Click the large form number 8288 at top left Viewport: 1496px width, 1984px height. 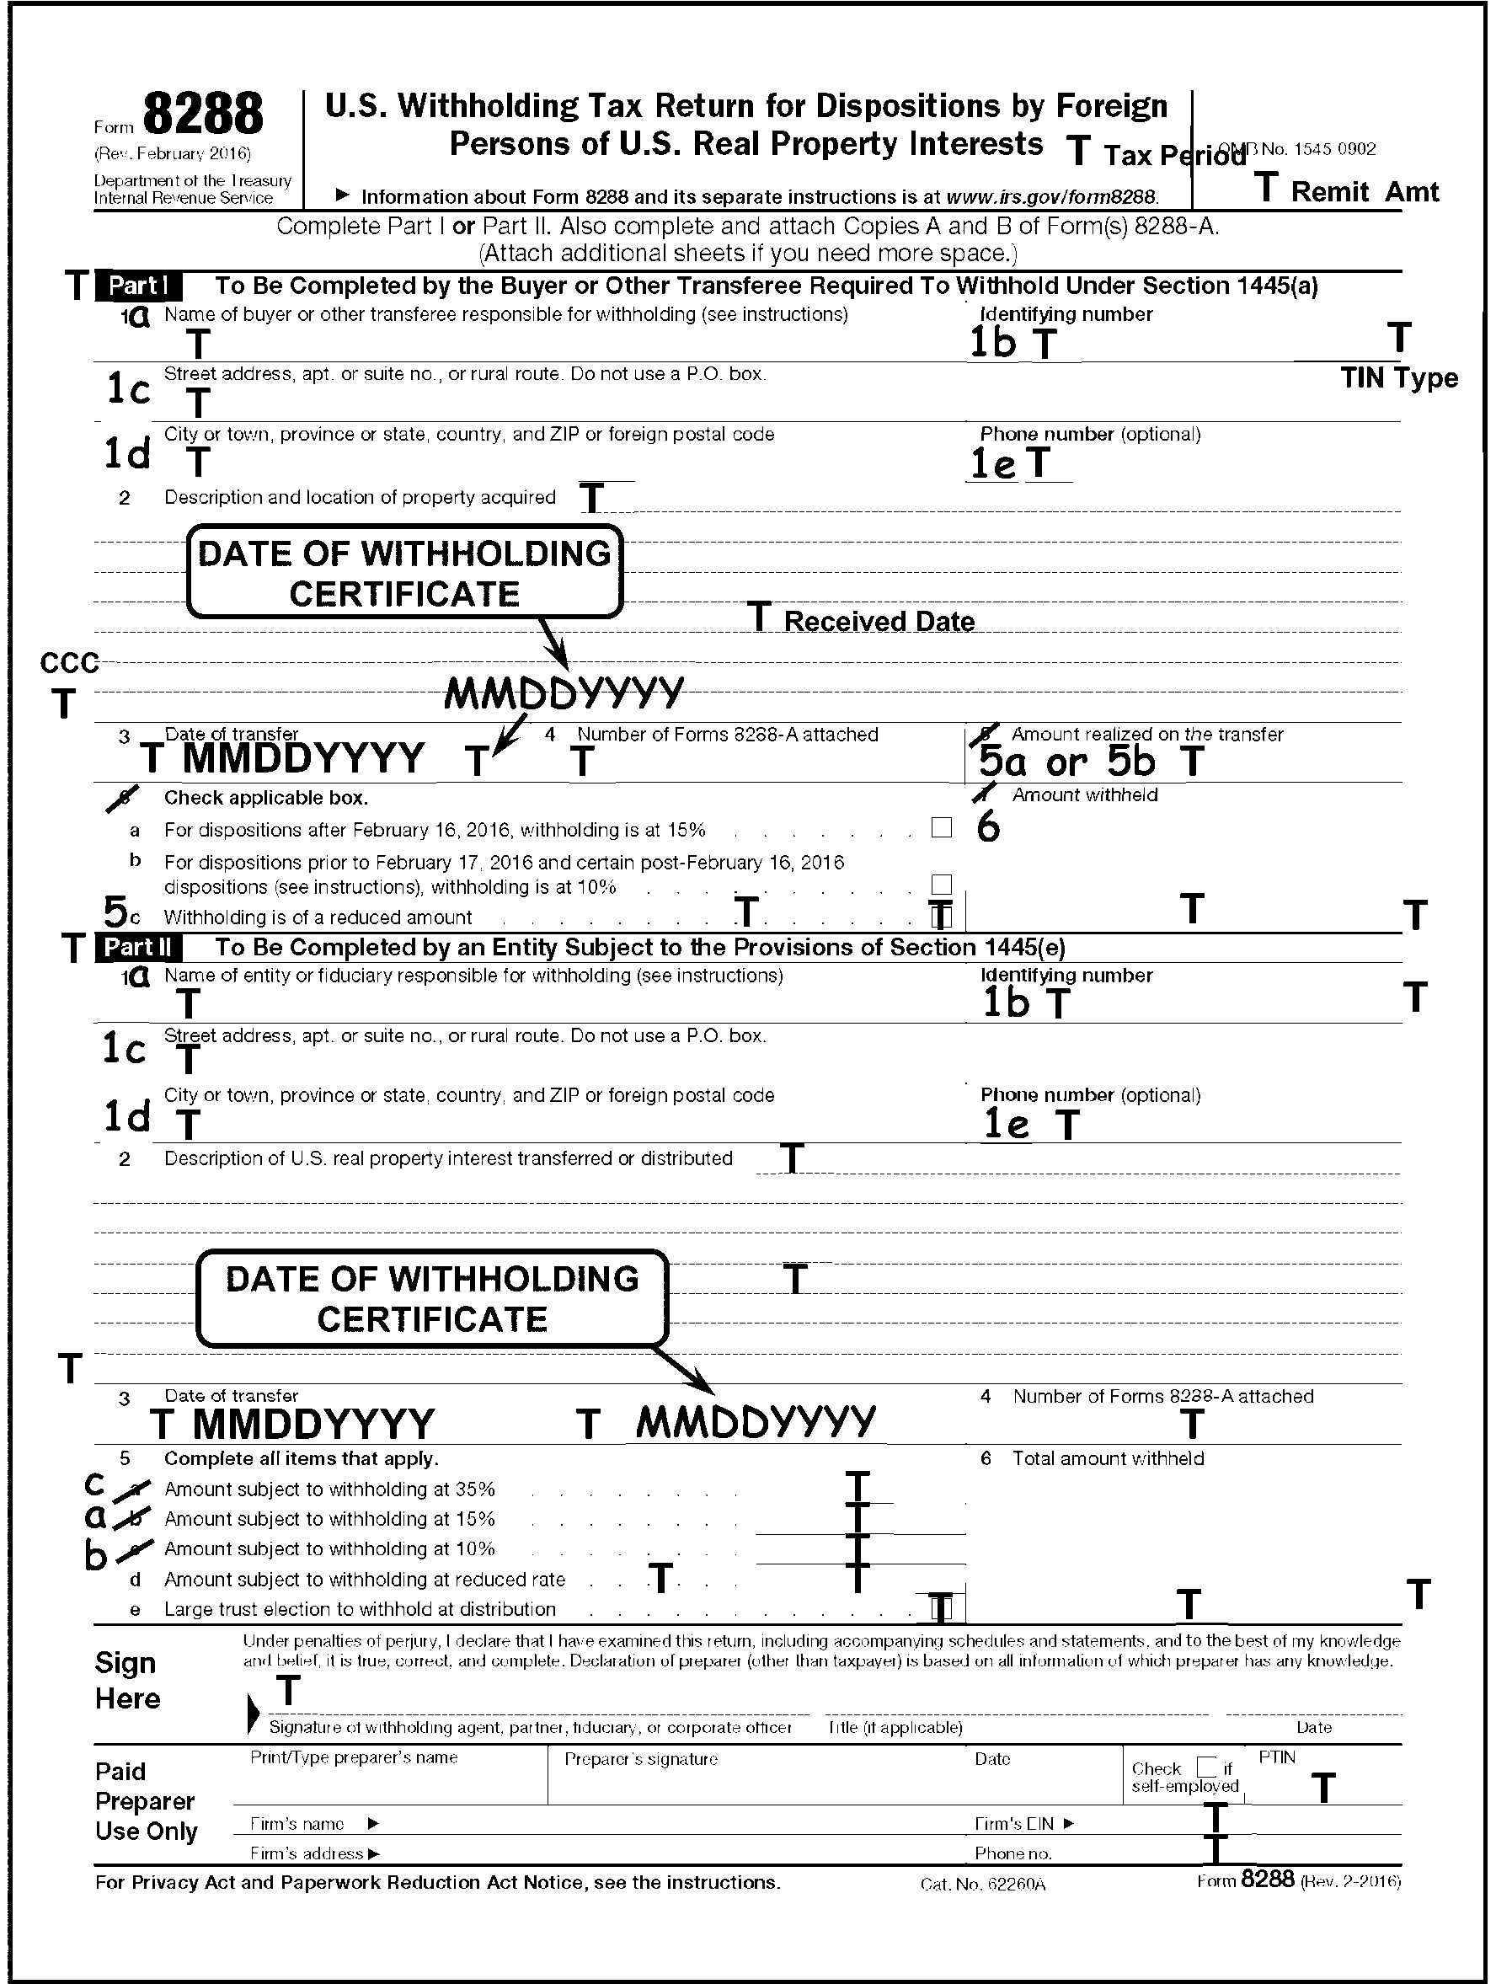(x=203, y=115)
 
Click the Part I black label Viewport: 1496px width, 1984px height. (x=138, y=286)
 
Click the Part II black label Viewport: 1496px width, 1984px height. (x=138, y=947)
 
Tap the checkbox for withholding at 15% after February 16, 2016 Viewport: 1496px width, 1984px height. (x=941, y=828)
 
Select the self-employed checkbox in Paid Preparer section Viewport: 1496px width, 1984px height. (x=1207, y=1767)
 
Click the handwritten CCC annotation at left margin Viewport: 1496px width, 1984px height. (x=69, y=664)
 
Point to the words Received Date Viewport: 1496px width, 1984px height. (x=879, y=622)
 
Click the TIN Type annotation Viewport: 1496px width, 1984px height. (x=1398, y=378)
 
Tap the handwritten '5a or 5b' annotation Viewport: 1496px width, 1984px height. (x=1066, y=762)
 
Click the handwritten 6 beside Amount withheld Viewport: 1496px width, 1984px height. (x=987, y=828)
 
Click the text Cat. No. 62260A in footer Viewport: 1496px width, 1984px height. (x=982, y=1884)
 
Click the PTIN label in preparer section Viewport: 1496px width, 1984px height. (x=1276, y=1757)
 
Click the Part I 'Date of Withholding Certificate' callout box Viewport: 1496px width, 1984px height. (x=404, y=573)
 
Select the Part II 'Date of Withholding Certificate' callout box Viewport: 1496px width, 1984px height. (x=432, y=1299)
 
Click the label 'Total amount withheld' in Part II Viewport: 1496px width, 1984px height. (x=1108, y=1458)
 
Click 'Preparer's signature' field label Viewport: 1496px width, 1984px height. (x=640, y=1759)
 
